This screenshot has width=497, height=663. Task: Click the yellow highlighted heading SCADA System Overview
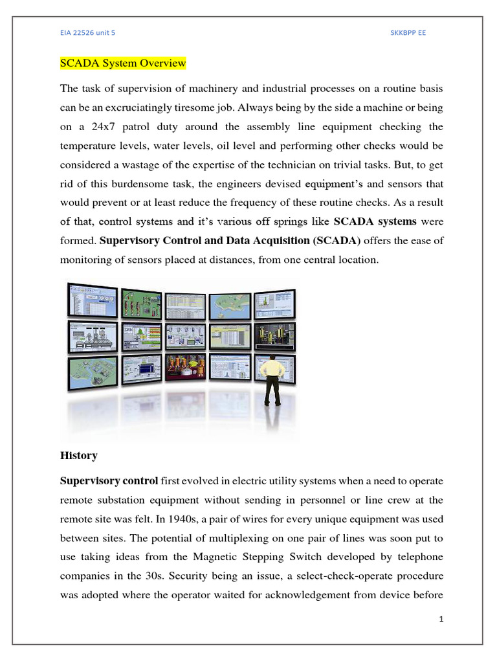pyautogui.click(x=123, y=63)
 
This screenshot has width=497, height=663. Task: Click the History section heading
pyautogui.click(x=79, y=456)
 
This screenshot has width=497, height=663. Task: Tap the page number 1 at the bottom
pyautogui.click(x=441, y=620)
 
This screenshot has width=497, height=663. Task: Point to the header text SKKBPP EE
pyautogui.click(x=408, y=32)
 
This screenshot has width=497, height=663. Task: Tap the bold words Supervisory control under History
pyautogui.click(x=109, y=481)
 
